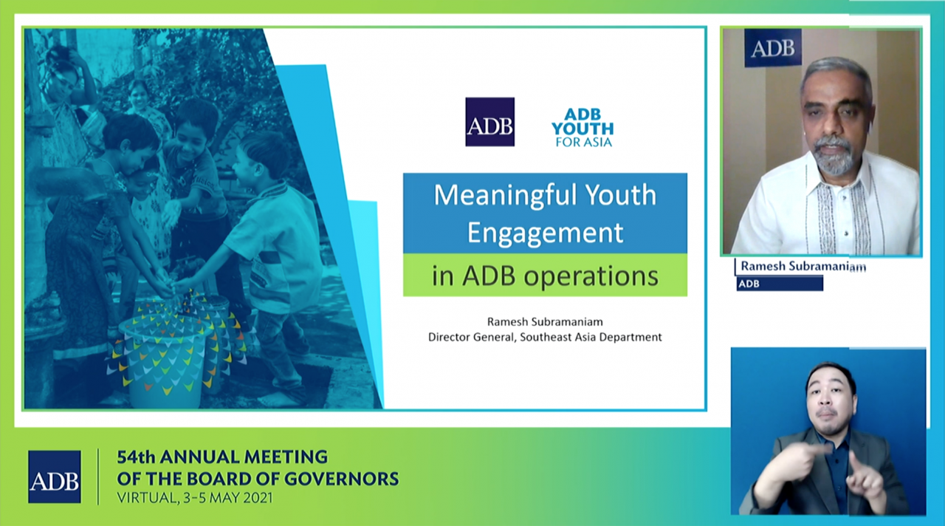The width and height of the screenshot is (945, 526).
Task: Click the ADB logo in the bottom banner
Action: (55, 477)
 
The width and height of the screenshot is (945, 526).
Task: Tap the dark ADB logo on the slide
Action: (489, 122)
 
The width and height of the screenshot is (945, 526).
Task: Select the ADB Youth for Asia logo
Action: (583, 128)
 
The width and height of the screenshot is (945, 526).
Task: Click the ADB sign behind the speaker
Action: (773, 48)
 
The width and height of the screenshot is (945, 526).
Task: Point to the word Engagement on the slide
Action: (545, 233)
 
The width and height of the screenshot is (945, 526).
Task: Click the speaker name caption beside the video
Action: (803, 267)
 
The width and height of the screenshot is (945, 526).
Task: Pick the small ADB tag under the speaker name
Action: (780, 284)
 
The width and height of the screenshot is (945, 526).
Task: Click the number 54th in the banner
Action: (135, 457)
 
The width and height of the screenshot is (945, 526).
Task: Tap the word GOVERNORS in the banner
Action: (341, 479)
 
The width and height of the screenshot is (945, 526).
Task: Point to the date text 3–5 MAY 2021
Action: (228, 498)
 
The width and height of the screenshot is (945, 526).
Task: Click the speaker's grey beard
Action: (832, 157)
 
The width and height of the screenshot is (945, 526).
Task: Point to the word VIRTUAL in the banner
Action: (147, 499)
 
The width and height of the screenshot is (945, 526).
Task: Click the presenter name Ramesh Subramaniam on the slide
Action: (545, 322)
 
